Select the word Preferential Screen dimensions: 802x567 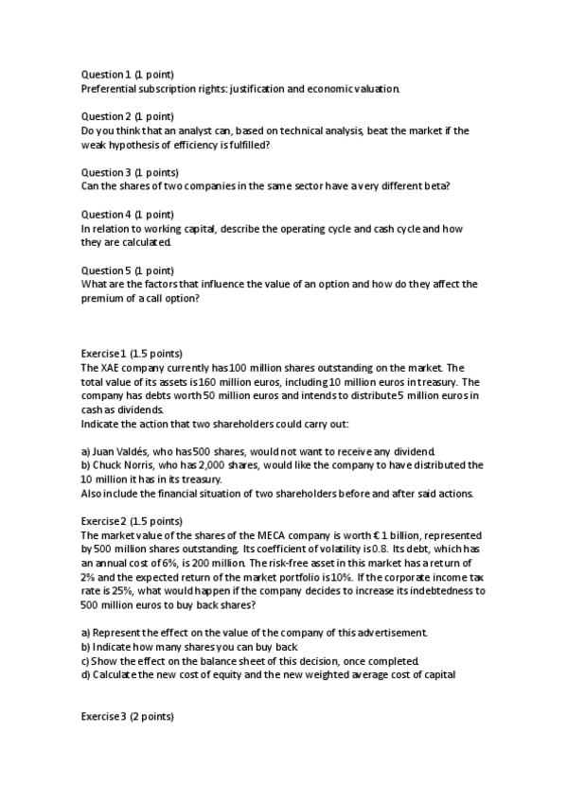pos(110,89)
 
